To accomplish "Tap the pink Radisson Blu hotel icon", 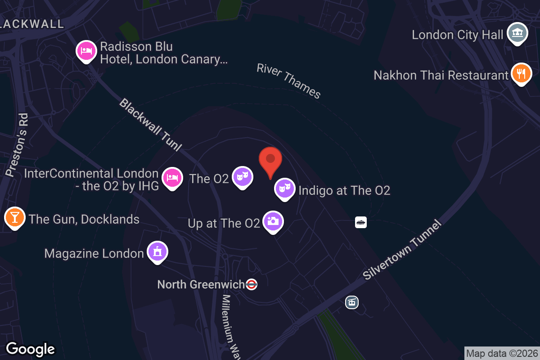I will pos(85,51).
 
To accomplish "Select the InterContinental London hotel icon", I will pos(172,178).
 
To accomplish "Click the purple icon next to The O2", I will pos(242,177).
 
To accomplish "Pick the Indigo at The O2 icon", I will pos(284,189).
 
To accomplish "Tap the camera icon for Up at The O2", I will pos(273,221).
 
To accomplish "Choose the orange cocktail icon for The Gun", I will pos(14,218).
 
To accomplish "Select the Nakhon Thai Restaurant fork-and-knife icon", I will pos(521,73).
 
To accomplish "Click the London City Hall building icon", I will pos(517,34).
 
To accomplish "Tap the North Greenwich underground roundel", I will pos(252,284).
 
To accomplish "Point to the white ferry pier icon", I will pos(360,222).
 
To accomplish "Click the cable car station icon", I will pos(351,302).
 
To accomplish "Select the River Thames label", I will pos(288,81).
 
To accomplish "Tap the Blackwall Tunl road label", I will pos(151,124).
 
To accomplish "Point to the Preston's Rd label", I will pos(18,144).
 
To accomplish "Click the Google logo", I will pos(31,349).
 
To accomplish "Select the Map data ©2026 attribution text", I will pos(502,353).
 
